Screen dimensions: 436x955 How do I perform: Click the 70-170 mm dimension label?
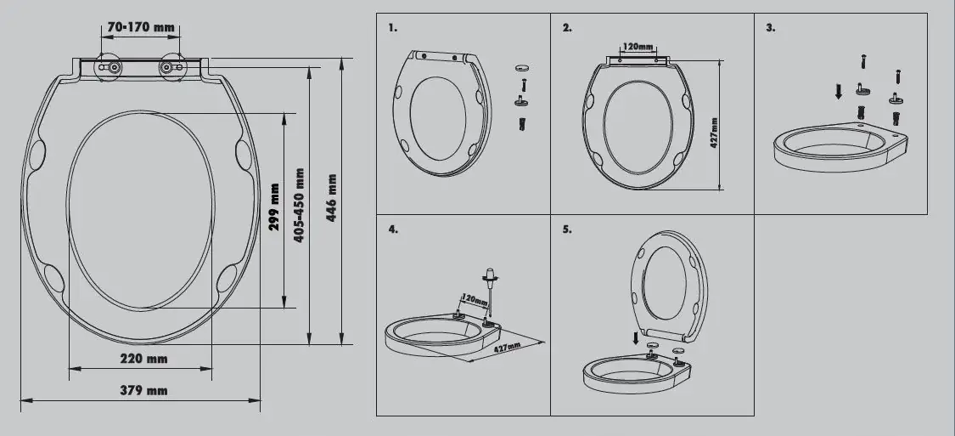pyautogui.click(x=141, y=27)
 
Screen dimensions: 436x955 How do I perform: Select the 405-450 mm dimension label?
pyautogui.click(x=299, y=205)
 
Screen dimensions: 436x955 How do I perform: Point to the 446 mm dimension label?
pyautogui.click(x=331, y=198)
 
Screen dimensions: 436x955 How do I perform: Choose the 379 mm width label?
pyautogui.click(x=144, y=390)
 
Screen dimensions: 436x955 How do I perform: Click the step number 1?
pyautogui.click(x=393, y=28)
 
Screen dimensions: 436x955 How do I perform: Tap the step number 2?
pyautogui.click(x=567, y=28)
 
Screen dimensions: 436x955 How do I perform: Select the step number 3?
pyautogui.click(x=770, y=28)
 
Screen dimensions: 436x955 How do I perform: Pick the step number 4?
pyautogui.click(x=393, y=229)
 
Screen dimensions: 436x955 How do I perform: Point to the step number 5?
pyautogui.click(x=567, y=229)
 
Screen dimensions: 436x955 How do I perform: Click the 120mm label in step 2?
pyautogui.click(x=638, y=47)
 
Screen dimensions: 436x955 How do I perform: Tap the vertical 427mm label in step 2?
pyautogui.click(x=714, y=132)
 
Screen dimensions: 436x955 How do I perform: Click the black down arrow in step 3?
pyautogui.click(x=840, y=90)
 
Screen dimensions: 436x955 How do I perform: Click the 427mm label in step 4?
pyautogui.click(x=507, y=349)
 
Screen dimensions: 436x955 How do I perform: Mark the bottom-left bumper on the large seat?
pyautogui.click(x=53, y=277)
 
